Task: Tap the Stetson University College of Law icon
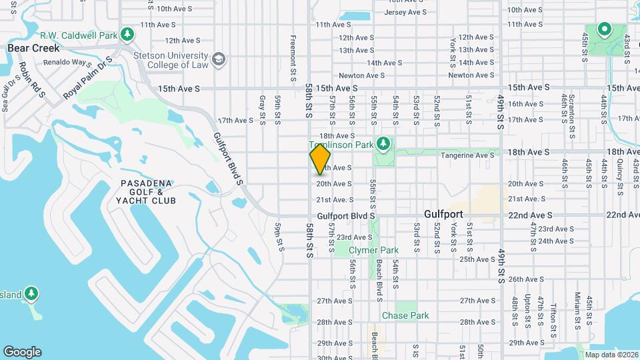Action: (219, 60)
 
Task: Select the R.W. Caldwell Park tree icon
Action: (127, 35)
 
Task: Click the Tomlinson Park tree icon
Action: (383, 143)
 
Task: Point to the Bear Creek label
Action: (33, 48)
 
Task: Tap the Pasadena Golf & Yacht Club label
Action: (146, 191)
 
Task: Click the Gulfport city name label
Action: (443, 215)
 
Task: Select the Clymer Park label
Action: (375, 251)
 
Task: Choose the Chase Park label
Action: (405, 315)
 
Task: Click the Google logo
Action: (22, 351)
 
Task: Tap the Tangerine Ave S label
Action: (469, 155)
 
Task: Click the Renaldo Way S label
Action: (67, 63)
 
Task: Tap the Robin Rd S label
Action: (31, 79)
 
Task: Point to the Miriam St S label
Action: (579, 310)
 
